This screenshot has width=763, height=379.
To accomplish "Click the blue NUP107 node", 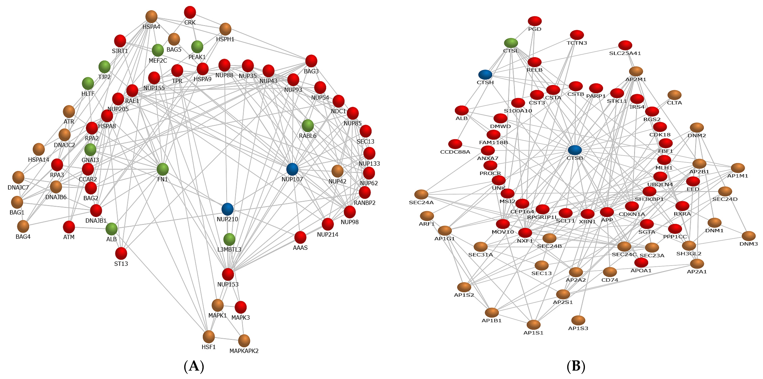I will click(x=292, y=169).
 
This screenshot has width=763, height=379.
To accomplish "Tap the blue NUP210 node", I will click(x=228, y=209).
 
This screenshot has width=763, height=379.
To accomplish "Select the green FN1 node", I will click(x=163, y=169).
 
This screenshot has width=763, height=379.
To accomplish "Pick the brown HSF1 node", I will click(x=209, y=337).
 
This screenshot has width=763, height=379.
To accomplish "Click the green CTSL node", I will click(x=511, y=43).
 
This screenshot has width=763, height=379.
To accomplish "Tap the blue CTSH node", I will click(x=485, y=75).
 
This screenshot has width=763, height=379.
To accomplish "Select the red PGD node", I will click(x=535, y=21).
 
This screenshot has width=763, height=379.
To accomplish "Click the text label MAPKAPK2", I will click(x=244, y=351).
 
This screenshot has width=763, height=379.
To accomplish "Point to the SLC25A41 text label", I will click(x=625, y=53).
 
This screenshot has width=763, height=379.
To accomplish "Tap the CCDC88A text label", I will click(x=455, y=152).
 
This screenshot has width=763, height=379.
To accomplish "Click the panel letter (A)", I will click(x=194, y=367).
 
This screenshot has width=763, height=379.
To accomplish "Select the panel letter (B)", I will click(x=576, y=367).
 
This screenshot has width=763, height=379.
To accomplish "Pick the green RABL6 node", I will click(x=308, y=126).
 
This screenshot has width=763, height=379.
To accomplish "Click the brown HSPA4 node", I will click(x=151, y=17).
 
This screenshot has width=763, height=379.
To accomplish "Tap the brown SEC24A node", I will click(x=421, y=194).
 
